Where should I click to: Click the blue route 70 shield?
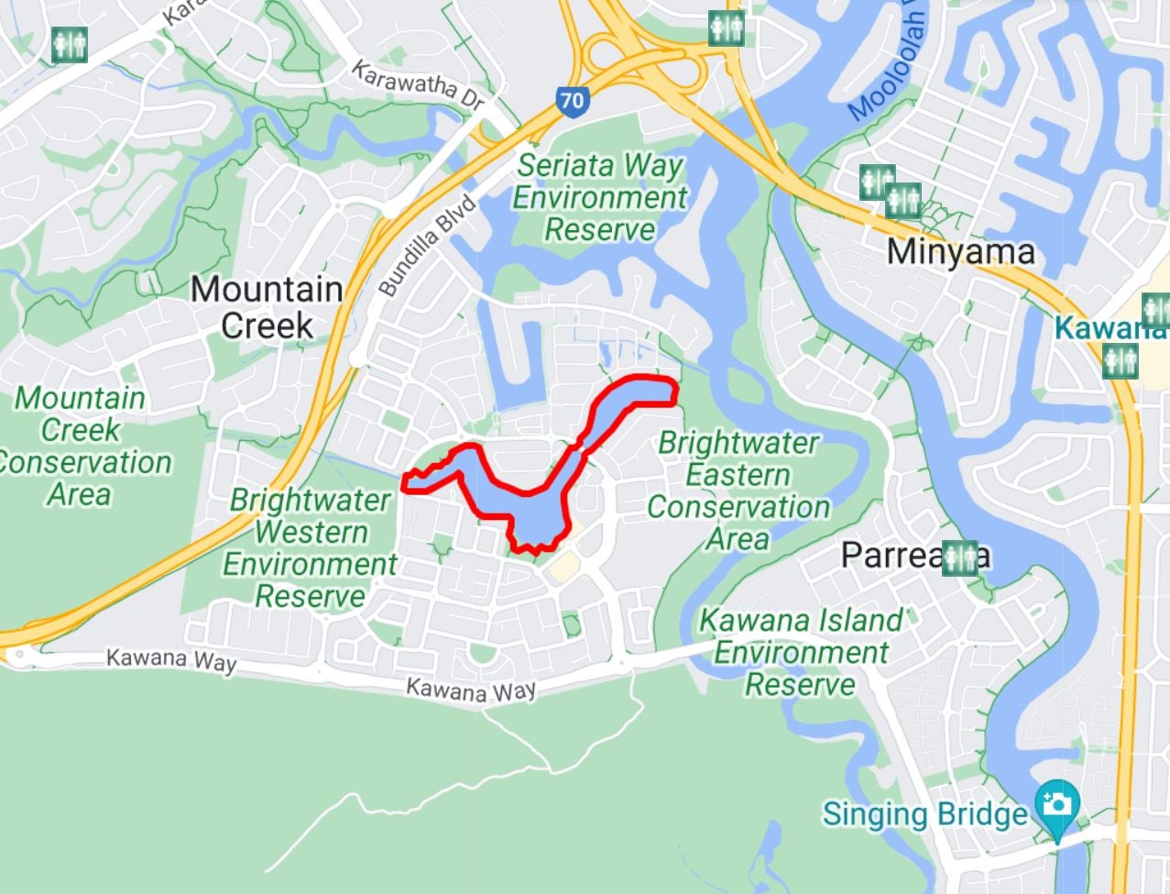pyautogui.click(x=571, y=100)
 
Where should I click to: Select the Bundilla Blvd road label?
pyautogui.click(x=428, y=246)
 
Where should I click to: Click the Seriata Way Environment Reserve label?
pyautogui.click(x=599, y=197)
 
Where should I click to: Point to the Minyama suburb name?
pyautogui.click(x=961, y=251)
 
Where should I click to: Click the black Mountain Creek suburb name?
pyautogui.click(x=267, y=307)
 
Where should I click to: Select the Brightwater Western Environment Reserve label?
pyautogui.click(x=310, y=548)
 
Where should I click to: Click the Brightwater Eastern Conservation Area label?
pyautogui.click(x=738, y=491)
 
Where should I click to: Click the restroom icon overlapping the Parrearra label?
pyautogui.click(x=959, y=557)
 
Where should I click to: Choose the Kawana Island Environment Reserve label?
pyautogui.click(x=801, y=652)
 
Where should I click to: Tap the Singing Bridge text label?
pyautogui.click(x=924, y=814)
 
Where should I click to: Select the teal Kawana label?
pyautogui.click(x=1109, y=327)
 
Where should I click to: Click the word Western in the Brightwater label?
pyautogui.click(x=311, y=533)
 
